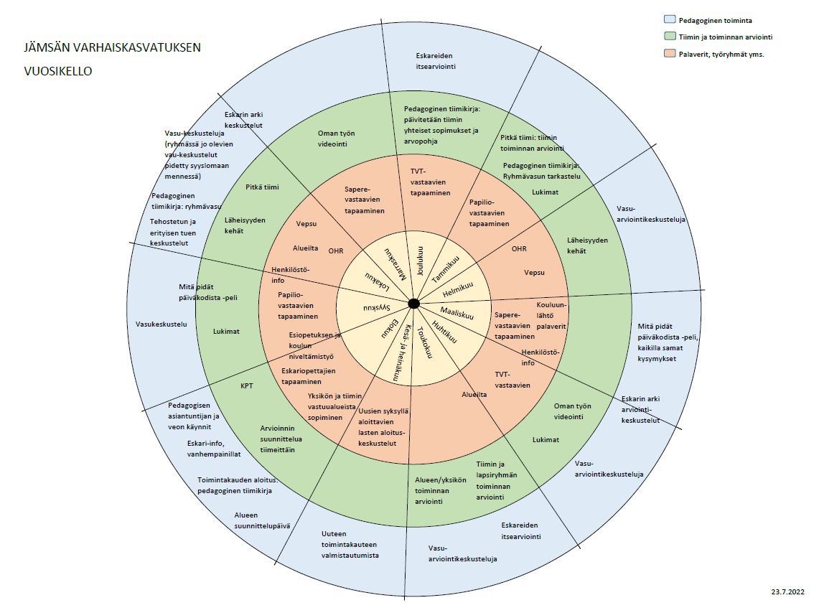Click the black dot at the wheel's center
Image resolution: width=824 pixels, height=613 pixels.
tap(413, 304)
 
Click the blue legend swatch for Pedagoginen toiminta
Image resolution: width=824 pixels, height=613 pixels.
tap(670, 20)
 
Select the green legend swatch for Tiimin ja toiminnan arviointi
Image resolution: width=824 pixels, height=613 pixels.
tap(670, 37)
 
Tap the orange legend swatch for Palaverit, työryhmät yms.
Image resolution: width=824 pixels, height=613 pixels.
tap(670, 53)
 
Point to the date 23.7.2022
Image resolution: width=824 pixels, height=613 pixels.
tap(788, 592)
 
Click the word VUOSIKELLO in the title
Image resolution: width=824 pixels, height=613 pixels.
tap(58, 72)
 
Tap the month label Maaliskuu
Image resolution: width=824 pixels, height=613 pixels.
tap(457, 314)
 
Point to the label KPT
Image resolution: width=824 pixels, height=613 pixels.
tap(247, 385)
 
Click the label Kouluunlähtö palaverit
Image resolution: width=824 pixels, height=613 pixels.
tap(551, 315)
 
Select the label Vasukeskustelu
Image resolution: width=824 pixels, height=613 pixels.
tap(161, 324)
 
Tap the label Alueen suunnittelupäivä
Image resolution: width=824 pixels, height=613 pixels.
tap(261, 520)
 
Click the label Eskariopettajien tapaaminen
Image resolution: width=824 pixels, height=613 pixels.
tap(308, 376)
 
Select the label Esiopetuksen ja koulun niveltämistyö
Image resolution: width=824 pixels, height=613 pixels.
tap(315, 345)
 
